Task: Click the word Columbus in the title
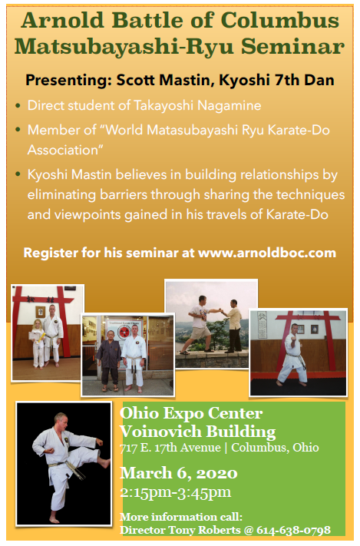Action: [280, 20]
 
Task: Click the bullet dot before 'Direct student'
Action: [18, 105]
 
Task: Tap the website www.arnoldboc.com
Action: [267, 253]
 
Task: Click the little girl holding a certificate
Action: [38, 343]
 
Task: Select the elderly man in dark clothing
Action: [108, 361]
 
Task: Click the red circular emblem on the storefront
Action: [124, 333]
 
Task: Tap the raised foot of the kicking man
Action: [104, 462]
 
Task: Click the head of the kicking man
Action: [61, 421]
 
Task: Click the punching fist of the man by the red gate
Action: [296, 338]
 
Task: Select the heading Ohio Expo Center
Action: [191, 413]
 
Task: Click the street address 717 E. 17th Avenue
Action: [170, 448]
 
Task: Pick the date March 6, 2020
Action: [179, 473]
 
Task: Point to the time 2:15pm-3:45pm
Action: [176, 492]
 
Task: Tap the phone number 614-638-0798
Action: [293, 531]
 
